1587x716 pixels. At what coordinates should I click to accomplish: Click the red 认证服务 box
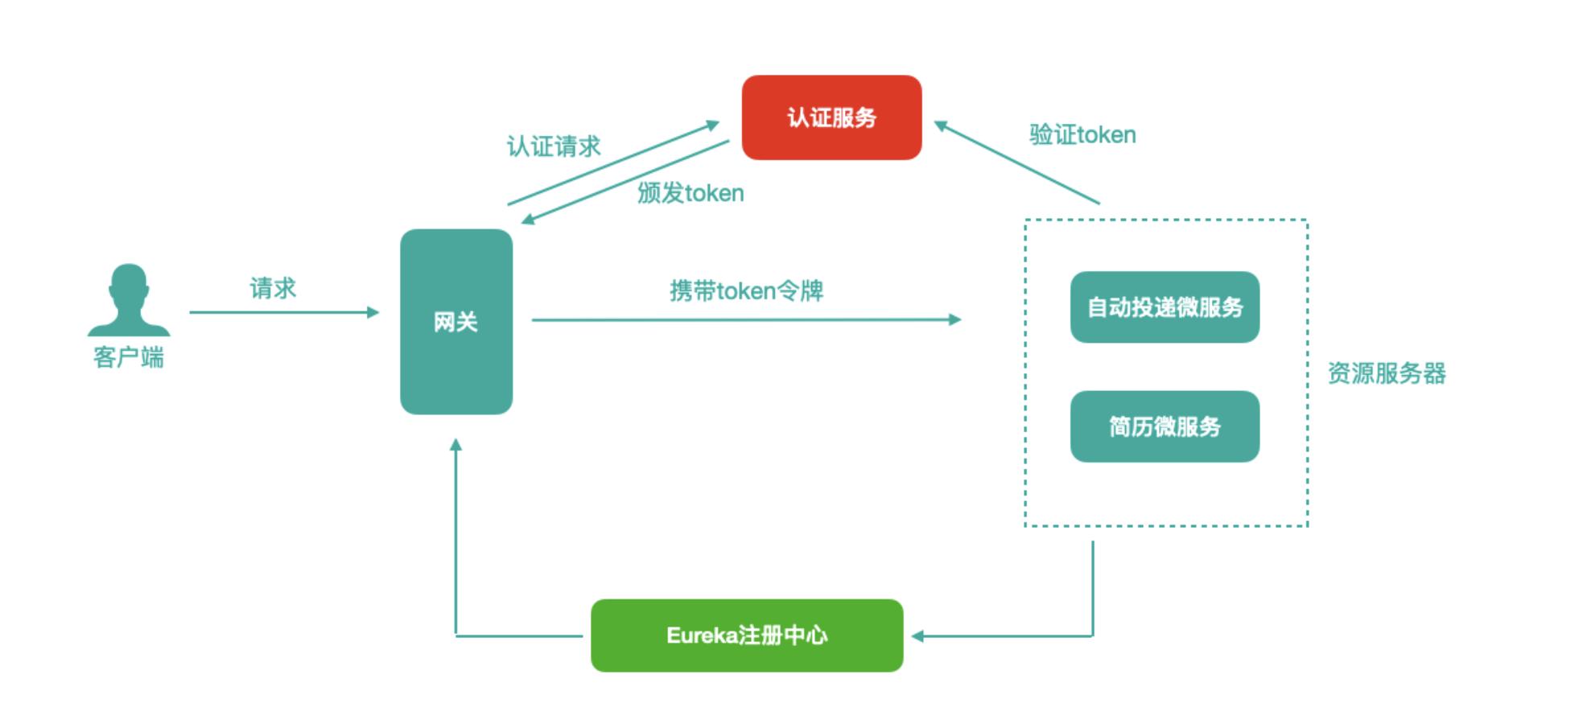pos(831,117)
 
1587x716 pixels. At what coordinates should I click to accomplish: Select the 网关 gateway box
pos(456,322)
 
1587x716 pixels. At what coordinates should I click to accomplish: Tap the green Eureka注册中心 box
pos(747,636)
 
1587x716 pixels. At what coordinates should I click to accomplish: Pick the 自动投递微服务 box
pos(1164,307)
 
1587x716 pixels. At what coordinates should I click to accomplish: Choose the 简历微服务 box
pos(1164,426)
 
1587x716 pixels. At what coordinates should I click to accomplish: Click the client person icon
pos(129,300)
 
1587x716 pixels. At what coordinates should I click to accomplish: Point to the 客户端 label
pos(129,357)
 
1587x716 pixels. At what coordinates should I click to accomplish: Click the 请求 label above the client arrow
pos(273,288)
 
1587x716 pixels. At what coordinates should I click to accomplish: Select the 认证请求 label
pos(554,146)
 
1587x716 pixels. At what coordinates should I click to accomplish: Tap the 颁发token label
pos(690,193)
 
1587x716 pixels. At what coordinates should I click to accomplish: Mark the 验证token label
pos(1082,134)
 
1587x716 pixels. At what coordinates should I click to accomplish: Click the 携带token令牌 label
pos(746,290)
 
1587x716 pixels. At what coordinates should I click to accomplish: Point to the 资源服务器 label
pos(1386,373)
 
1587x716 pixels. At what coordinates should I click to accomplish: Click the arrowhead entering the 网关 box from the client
pos(373,312)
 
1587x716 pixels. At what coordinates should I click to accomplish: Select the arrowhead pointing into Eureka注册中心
pos(917,636)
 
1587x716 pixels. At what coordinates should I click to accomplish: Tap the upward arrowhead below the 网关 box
pos(455,444)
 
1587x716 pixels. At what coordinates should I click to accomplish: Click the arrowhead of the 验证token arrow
pos(939,126)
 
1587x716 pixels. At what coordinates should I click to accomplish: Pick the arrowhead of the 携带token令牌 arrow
pos(955,319)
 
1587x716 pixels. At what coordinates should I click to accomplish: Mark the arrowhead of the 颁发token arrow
pos(528,219)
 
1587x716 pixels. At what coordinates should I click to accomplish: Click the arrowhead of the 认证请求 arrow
pos(713,125)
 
